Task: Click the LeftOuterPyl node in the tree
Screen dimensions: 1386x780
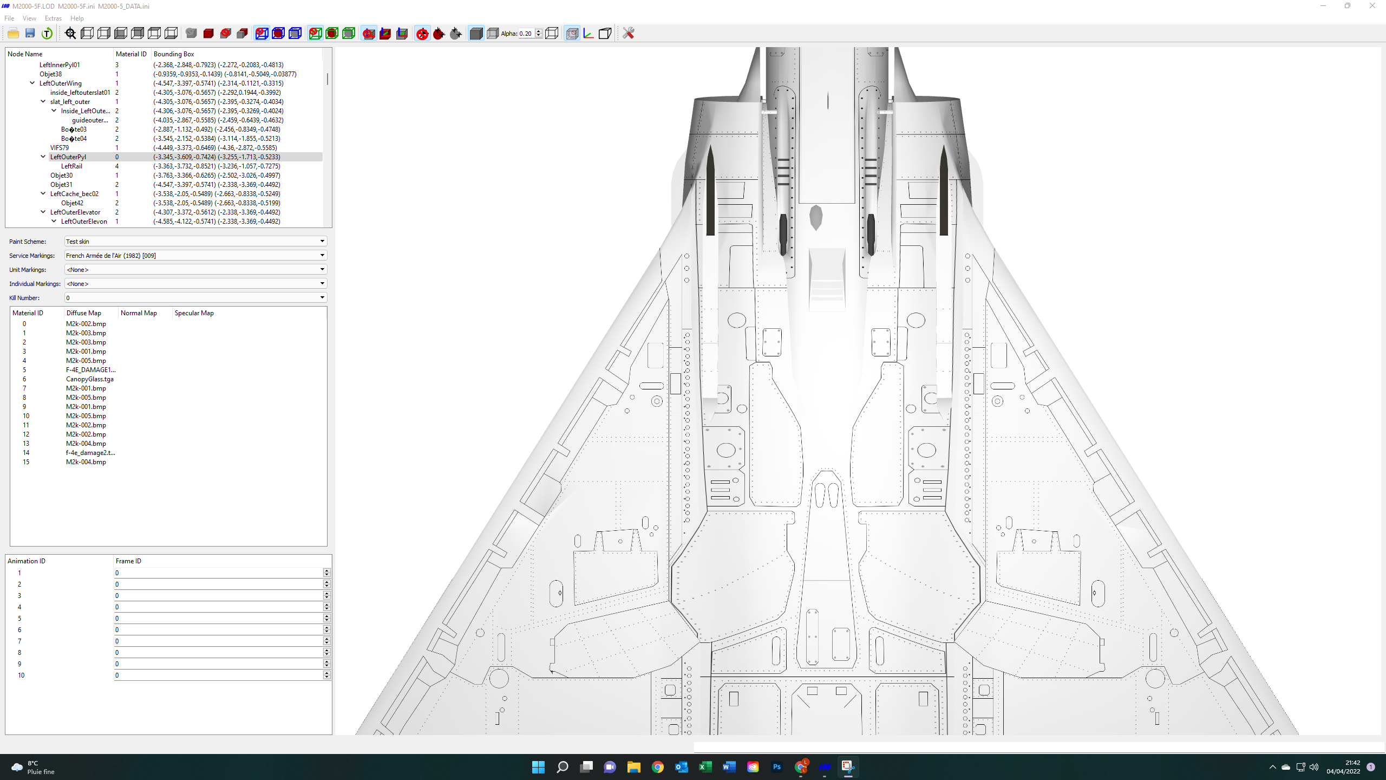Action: [x=68, y=157]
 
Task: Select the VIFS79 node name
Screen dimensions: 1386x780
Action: [x=60, y=148]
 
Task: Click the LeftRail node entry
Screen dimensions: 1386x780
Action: [x=71, y=166]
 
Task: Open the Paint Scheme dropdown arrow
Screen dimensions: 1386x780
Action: [x=322, y=242]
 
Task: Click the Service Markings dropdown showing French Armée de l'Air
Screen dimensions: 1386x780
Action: [x=195, y=256]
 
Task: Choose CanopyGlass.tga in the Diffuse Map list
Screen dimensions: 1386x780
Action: [x=90, y=379]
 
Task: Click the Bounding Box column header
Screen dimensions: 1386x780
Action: [x=174, y=54]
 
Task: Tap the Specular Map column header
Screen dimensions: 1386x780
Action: [x=194, y=313]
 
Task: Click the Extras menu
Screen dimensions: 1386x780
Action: [x=53, y=18]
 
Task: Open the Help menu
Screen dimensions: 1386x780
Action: [x=77, y=18]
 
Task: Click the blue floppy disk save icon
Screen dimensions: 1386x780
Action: [x=30, y=34]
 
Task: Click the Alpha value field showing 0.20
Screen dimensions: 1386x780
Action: [x=526, y=34]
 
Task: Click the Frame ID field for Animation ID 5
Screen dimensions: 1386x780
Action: [x=219, y=619]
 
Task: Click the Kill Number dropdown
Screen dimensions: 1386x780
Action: [x=195, y=298]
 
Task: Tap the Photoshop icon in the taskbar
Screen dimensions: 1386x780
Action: [x=777, y=767]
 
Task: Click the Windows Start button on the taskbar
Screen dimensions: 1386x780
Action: [x=538, y=767]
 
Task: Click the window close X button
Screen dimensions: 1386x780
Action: [x=1372, y=6]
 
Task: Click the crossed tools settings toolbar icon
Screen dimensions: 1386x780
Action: [x=628, y=34]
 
